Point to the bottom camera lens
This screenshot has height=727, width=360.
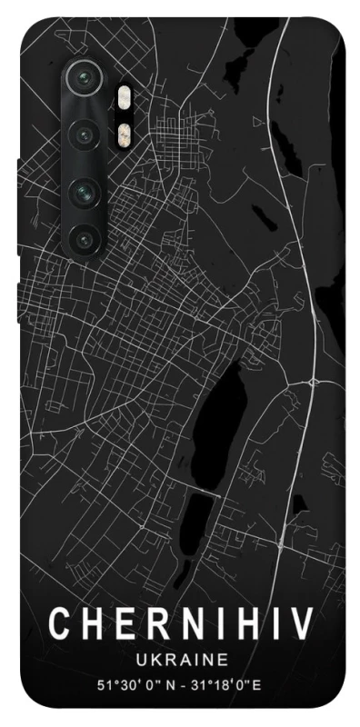pos(85,240)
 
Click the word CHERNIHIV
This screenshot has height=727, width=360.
pos(180,624)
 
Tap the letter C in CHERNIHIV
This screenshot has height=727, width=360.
pos(58,624)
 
